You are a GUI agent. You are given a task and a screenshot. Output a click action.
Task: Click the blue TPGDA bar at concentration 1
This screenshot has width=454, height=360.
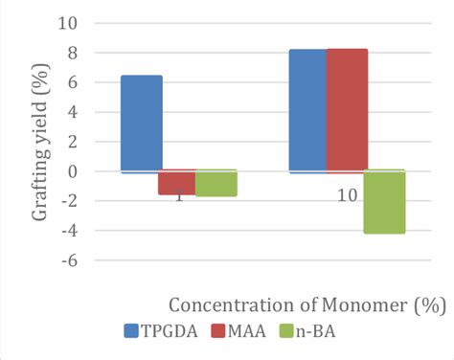pyautogui.click(x=142, y=124)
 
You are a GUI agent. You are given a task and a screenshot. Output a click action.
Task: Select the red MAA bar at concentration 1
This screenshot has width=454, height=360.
pyautogui.click(x=177, y=182)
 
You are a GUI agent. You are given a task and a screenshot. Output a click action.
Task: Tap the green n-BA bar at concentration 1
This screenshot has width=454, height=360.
pyautogui.click(x=216, y=183)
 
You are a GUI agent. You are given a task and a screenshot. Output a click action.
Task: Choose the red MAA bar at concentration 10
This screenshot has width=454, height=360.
pyautogui.click(x=347, y=110)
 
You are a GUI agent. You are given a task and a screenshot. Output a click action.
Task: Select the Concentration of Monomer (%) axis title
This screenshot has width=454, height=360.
pyautogui.click(x=307, y=305)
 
